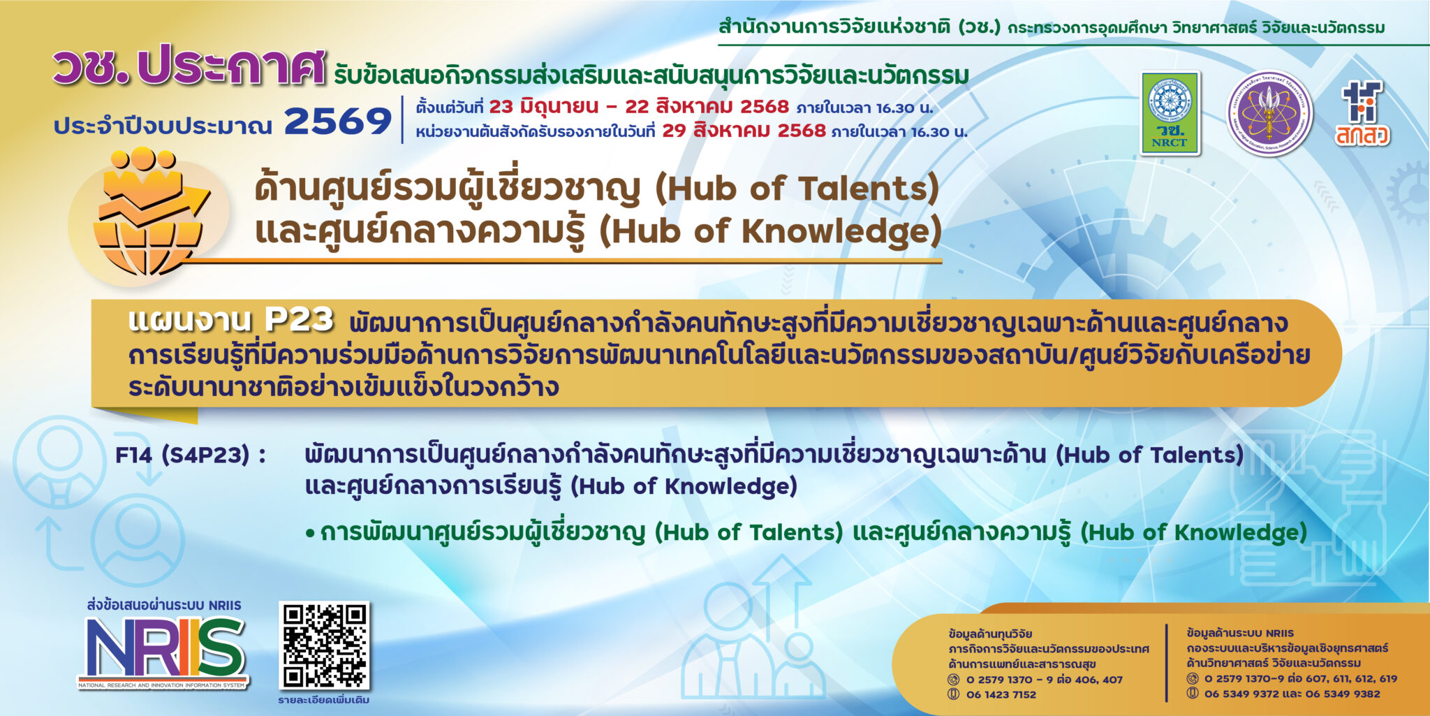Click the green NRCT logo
pyautogui.click(x=1170, y=113)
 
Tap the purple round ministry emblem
pyautogui.click(x=1269, y=113)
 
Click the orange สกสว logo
pyautogui.click(x=1362, y=114)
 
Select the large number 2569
pyautogui.click(x=337, y=122)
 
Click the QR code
pyautogui.click(x=324, y=645)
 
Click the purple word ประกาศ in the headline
pyautogui.click(x=230, y=68)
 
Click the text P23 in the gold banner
pyautogui.click(x=299, y=320)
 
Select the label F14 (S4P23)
pyautogui.click(x=190, y=455)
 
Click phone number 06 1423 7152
pyautogui.click(x=1001, y=694)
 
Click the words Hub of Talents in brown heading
pyautogui.click(x=797, y=189)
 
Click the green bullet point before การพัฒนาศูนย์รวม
pyautogui.click(x=310, y=534)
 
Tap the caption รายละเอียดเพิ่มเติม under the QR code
pyautogui.click(x=323, y=700)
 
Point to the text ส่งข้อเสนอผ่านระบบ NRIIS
pyautogui.click(x=164, y=605)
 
